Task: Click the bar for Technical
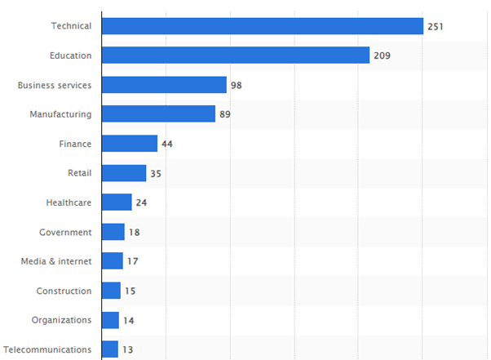[262, 26]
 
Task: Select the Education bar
[236, 56]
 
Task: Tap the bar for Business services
[164, 85]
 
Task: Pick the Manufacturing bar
[158, 114]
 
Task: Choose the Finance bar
[130, 144]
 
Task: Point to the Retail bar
[124, 173]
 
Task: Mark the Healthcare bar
[117, 202]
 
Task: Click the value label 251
[436, 27]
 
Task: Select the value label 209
[383, 56]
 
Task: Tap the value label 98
[237, 86]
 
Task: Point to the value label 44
[167, 144]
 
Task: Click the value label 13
[128, 350]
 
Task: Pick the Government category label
[65, 232]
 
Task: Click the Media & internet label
[56, 261]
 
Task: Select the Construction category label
[64, 291]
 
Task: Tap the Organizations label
[61, 320]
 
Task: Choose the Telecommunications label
[47, 349]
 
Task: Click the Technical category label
[71, 26]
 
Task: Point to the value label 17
[133, 262]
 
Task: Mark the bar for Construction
[111, 291]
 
